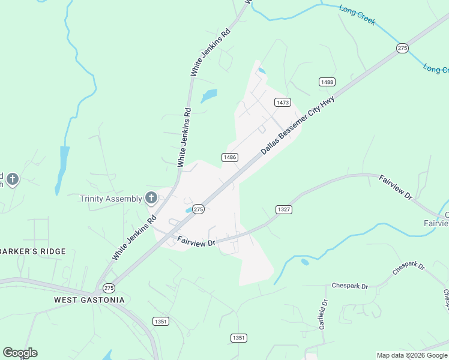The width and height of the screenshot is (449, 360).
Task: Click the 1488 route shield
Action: (x=327, y=82)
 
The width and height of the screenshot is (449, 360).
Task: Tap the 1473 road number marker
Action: (x=283, y=103)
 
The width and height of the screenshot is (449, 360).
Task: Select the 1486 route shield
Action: (x=230, y=157)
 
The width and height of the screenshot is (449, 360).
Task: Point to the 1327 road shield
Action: (x=284, y=209)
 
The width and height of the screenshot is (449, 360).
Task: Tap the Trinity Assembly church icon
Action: (x=151, y=197)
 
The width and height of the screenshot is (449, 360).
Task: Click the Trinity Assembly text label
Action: (x=111, y=199)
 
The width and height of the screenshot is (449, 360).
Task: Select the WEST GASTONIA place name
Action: (x=89, y=300)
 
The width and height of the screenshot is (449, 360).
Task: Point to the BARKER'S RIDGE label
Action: (x=33, y=251)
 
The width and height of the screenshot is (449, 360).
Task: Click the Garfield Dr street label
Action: (x=323, y=314)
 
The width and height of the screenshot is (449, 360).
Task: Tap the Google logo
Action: (x=20, y=353)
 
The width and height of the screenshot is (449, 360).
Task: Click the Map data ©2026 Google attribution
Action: (x=411, y=355)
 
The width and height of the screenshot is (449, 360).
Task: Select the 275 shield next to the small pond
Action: (x=199, y=209)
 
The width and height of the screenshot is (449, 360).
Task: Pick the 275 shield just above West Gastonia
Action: (x=109, y=288)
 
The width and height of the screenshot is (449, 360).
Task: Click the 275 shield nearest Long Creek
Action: (x=402, y=48)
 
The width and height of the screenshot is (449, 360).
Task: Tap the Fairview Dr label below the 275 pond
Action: (x=196, y=242)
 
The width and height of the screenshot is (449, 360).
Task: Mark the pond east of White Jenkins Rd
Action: (x=209, y=95)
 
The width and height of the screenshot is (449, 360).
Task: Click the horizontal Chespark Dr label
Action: (x=348, y=286)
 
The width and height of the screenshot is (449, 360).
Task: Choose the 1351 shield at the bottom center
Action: (x=239, y=338)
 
